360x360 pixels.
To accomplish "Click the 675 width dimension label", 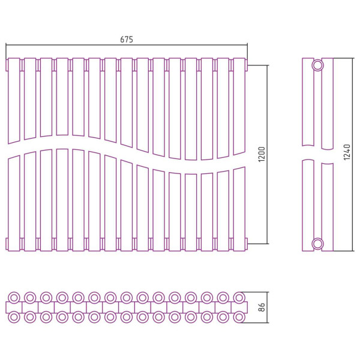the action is [x=127, y=40].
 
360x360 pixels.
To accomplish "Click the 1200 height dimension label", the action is [x=262, y=154].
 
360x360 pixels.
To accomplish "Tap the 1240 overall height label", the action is [x=347, y=152].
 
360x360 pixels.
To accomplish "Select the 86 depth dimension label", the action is [x=262, y=307].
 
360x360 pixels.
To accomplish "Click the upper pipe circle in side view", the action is [x=318, y=65].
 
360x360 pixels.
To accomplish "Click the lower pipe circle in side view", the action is [x=318, y=244].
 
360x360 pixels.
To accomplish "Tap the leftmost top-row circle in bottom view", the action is [x=14, y=298].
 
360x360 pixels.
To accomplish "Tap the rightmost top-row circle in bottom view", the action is [x=239, y=298].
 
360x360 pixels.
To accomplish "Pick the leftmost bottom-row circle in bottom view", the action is [x=14, y=317].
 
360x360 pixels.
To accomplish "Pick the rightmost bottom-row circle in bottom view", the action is [x=239, y=317].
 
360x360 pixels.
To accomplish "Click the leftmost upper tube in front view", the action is [x=14, y=101].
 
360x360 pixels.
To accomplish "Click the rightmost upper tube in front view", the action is [x=239, y=106].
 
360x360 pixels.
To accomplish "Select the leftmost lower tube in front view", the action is [x=14, y=203].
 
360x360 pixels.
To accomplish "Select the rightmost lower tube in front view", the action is [x=239, y=209].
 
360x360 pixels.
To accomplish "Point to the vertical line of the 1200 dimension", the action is [x=267, y=155].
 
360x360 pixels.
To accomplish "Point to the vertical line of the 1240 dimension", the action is [x=353, y=155].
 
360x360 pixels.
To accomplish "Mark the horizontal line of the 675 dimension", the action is [x=127, y=45].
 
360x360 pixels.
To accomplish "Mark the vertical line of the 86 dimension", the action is [x=267, y=307].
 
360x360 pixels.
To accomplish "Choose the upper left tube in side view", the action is [x=308, y=102].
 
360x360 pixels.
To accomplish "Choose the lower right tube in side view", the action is [x=328, y=207].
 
